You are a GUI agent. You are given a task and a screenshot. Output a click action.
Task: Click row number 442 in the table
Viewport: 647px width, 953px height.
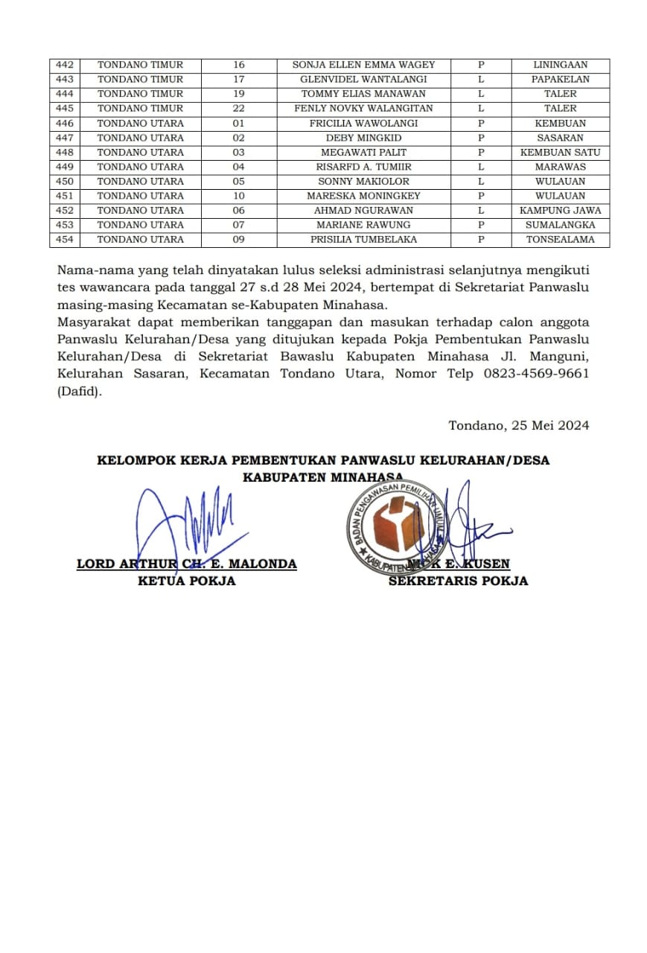pyautogui.click(x=65, y=65)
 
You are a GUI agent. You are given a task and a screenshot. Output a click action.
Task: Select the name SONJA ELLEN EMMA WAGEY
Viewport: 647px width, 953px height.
pyautogui.click(x=363, y=65)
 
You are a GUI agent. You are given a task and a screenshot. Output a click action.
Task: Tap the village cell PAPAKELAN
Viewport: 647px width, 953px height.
pyautogui.click(x=560, y=80)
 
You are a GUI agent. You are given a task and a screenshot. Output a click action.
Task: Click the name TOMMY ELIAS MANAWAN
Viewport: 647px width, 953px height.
pyautogui.click(x=363, y=94)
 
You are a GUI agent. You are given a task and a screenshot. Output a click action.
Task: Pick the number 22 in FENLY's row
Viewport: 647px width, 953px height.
pyautogui.click(x=238, y=109)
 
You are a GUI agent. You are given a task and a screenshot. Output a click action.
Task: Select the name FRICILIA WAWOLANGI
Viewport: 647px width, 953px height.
pyautogui.click(x=363, y=123)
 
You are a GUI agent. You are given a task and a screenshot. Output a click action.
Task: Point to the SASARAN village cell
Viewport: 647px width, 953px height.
pyautogui.click(x=560, y=138)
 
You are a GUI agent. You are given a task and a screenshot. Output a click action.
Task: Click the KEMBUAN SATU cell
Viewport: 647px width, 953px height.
pyautogui.click(x=560, y=152)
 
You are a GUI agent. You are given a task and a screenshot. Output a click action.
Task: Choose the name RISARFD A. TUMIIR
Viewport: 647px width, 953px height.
pyautogui.click(x=363, y=167)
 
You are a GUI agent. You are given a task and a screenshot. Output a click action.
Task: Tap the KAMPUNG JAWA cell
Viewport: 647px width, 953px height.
pyautogui.click(x=560, y=210)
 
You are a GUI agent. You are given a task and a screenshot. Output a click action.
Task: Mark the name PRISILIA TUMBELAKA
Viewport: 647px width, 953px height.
pyautogui.click(x=363, y=240)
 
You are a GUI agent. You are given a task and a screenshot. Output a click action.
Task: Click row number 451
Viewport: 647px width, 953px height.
pyautogui.click(x=65, y=196)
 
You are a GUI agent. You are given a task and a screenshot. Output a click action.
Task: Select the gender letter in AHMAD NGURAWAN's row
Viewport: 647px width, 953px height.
pyautogui.click(x=481, y=210)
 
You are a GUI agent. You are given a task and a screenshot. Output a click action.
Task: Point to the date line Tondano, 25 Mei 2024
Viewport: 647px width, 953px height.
pyautogui.click(x=518, y=426)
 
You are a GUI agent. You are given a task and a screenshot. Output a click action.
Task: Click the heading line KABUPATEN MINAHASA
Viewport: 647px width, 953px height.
pyautogui.click(x=322, y=477)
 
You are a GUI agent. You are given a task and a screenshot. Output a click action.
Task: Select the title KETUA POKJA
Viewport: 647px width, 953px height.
pyautogui.click(x=186, y=581)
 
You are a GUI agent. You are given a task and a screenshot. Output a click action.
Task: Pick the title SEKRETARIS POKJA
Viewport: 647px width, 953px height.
pyautogui.click(x=458, y=581)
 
